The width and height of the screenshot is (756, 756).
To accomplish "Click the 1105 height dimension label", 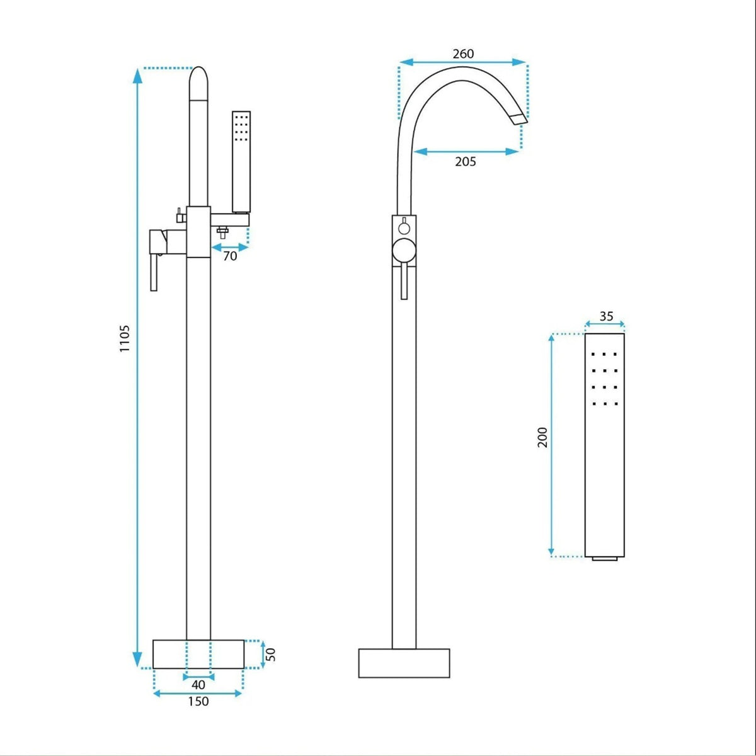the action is (x=124, y=338).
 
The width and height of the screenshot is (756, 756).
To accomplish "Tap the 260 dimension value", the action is (x=463, y=54).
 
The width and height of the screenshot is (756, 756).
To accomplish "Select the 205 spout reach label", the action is (x=466, y=161).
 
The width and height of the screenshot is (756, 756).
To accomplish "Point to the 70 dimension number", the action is (x=231, y=256).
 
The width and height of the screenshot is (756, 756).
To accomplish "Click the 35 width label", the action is (x=606, y=316).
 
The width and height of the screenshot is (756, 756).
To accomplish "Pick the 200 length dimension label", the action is (x=542, y=437).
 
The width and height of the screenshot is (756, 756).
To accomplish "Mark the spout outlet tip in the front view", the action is (x=519, y=119).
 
